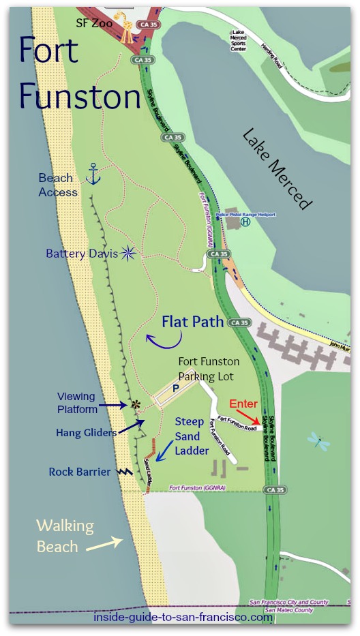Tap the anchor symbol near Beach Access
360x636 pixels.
click(93, 175)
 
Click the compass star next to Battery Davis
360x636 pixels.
click(127, 253)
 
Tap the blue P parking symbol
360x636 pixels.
click(176, 385)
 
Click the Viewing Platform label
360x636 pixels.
click(76, 402)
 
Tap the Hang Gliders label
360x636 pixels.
click(87, 432)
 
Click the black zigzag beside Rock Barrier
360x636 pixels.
click(123, 471)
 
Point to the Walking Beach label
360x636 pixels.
click(65, 536)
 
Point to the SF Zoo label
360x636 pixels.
click(93, 23)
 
